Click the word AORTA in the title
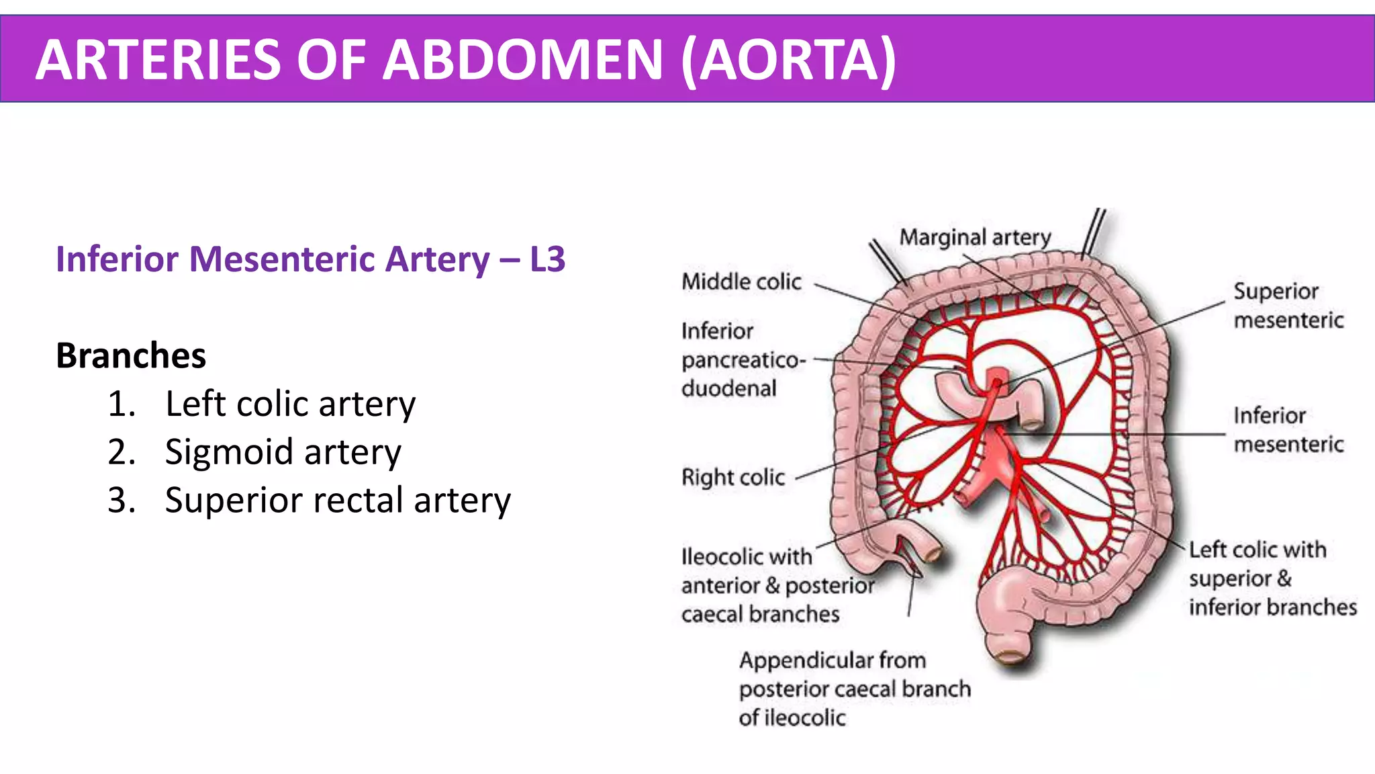788,60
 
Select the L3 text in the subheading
547,259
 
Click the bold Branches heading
131,355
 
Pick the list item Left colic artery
290,404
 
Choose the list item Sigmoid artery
283,452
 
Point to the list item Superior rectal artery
338,501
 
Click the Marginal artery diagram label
975,237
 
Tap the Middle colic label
741,282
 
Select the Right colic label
733,477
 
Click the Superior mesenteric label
1288,306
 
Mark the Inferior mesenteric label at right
1288,430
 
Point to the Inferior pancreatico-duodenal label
742,360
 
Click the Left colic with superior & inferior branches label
1272,578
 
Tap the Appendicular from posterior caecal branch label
854,689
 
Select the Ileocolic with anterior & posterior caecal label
777,585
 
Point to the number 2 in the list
122,452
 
